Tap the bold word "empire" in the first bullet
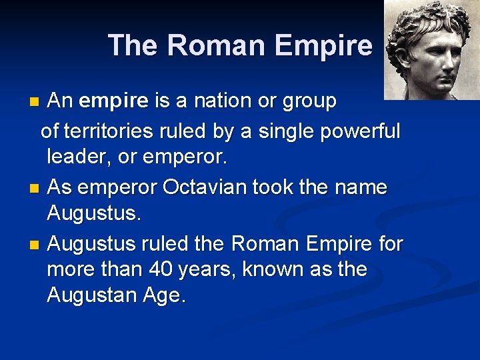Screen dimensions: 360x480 [x=113, y=101]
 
